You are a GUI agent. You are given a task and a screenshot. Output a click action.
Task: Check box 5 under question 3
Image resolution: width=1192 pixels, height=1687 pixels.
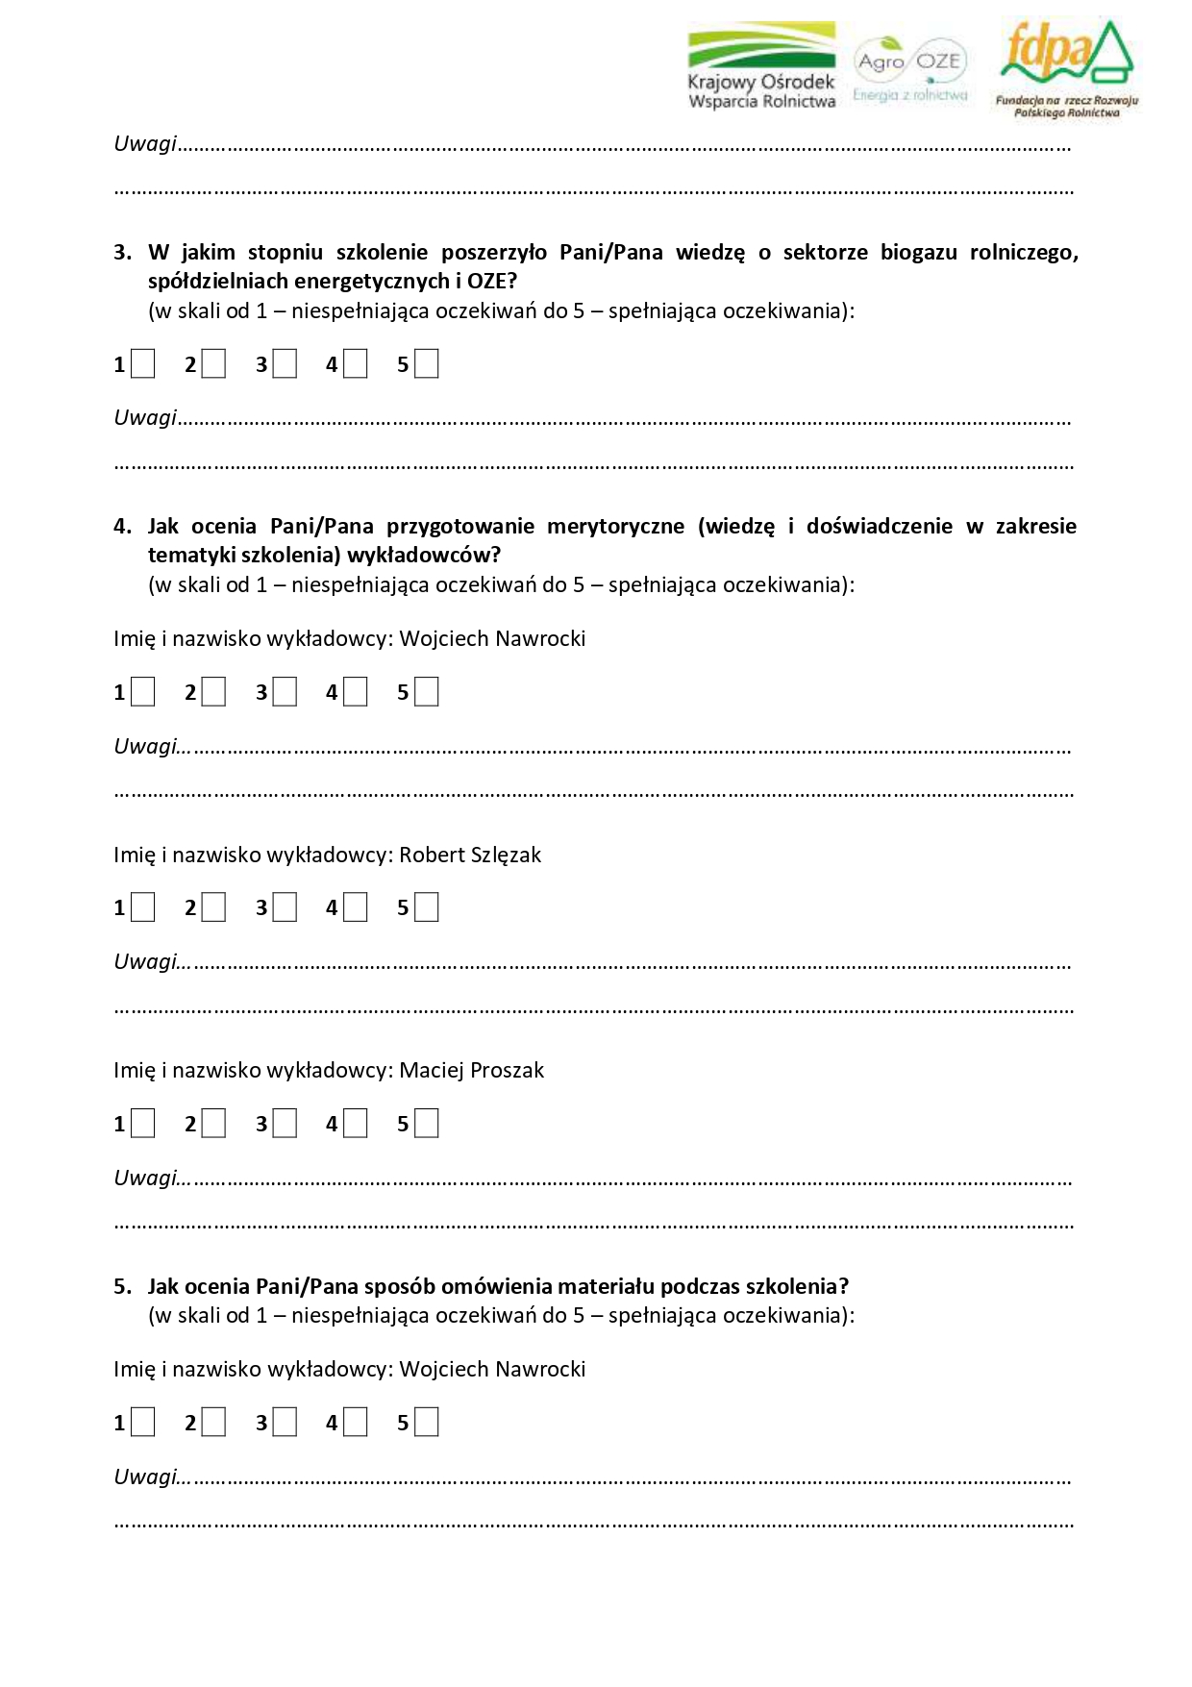point(427,364)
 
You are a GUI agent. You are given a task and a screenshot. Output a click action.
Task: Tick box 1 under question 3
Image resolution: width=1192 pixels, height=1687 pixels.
point(143,364)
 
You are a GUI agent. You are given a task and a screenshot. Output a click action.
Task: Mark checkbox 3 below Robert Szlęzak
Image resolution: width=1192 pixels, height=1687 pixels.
point(285,907)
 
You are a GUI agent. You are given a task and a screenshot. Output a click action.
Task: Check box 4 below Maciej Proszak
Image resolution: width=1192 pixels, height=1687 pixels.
point(356,1124)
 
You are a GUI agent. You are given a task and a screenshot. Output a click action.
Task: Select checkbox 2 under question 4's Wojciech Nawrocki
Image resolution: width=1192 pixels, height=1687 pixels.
point(213,692)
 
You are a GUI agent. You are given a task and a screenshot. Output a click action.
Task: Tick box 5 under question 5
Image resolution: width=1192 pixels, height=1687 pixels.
point(427,1423)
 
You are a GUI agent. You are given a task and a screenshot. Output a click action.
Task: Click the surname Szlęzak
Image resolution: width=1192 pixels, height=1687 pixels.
point(506,856)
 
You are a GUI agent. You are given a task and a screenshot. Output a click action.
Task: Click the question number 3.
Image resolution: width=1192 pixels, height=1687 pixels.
point(122,253)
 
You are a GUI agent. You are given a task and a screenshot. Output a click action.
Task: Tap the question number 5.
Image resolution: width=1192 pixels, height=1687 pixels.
point(122,1287)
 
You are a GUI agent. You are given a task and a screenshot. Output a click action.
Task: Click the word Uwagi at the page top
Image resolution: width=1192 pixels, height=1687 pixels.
point(145,144)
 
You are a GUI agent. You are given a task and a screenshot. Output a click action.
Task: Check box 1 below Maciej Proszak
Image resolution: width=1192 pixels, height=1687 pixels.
point(143,1124)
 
